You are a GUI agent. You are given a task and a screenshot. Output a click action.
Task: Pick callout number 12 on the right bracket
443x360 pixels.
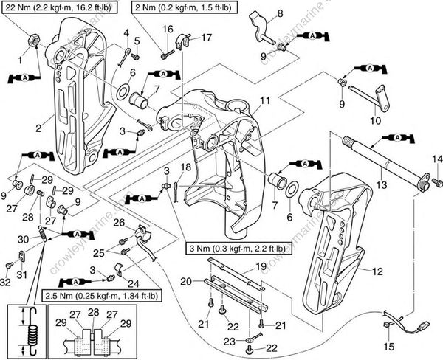coord(378,271)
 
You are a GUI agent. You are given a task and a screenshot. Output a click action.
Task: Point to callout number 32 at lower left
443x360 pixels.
coord(7,282)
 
